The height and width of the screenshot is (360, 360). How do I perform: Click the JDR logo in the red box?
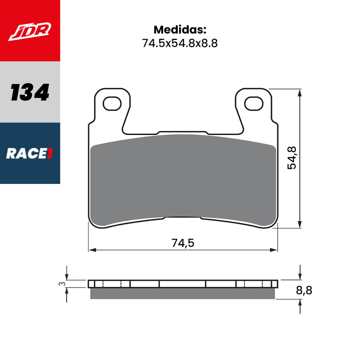click(30, 31)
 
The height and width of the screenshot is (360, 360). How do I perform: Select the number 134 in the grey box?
click(30, 93)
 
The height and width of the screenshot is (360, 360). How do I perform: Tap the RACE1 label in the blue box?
click(30, 154)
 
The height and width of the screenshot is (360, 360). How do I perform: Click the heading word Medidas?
click(180, 30)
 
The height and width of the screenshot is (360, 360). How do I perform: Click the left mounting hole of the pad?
click(112, 103)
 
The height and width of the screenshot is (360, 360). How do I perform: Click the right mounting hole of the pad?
click(253, 103)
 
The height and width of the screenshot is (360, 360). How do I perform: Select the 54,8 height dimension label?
click(292, 158)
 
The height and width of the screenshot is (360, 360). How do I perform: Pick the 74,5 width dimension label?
click(183, 243)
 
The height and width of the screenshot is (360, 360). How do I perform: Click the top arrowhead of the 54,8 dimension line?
click(300, 93)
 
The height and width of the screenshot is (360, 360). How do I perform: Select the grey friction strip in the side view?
click(182, 293)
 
